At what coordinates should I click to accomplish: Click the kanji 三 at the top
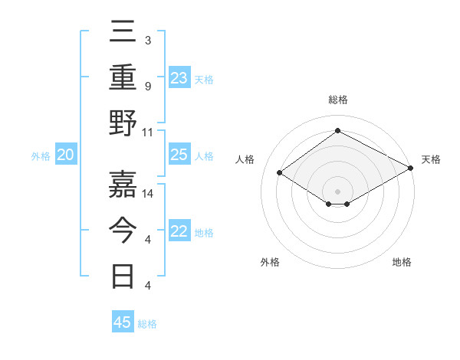(123, 33)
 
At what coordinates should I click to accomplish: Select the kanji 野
(123, 123)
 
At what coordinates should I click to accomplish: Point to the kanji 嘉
(123, 184)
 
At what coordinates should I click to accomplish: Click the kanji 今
(123, 230)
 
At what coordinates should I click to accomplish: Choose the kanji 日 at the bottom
(123, 275)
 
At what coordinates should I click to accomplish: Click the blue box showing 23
(179, 77)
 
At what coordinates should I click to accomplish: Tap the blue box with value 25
(179, 155)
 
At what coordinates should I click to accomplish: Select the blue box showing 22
(179, 232)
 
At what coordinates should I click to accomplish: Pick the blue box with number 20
(66, 155)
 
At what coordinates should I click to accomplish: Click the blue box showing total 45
(123, 322)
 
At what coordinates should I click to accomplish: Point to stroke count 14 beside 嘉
(149, 193)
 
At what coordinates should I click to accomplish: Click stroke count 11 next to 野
(148, 132)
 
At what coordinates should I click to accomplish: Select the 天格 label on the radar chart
(431, 159)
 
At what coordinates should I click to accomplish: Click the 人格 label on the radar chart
(245, 159)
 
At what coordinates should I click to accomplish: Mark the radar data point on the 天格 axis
(411, 168)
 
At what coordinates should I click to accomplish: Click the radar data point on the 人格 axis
(280, 173)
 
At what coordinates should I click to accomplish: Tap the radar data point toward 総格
(337, 131)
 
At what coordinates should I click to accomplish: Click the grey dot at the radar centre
(337, 191)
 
